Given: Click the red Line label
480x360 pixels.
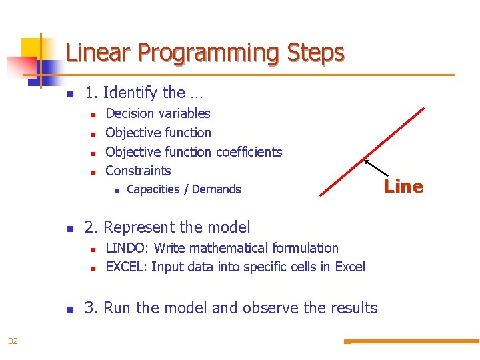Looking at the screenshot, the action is tap(403, 187).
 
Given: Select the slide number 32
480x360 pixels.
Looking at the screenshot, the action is tap(13, 341).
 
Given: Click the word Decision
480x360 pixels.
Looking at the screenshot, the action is tap(130, 113).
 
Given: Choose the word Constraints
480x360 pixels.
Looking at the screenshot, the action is tap(138, 171).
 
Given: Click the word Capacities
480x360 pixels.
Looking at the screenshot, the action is tap(153, 189).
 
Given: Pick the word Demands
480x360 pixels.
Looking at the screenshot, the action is tap(216, 189).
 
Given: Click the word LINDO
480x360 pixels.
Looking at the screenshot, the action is tap(127, 248).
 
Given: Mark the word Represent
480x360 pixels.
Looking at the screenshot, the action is tap(140, 227).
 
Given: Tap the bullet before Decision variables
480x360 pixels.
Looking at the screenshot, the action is tap(93, 115).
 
